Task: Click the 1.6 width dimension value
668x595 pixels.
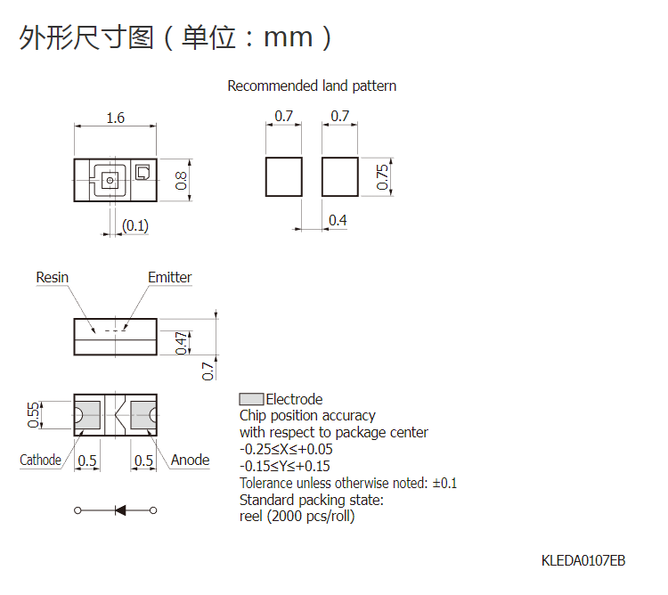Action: tap(115, 118)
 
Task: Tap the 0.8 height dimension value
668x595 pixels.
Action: tap(181, 180)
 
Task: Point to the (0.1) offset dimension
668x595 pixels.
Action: tap(135, 225)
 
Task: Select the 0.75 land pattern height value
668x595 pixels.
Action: tap(382, 176)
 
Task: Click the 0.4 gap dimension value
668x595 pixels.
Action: tap(338, 220)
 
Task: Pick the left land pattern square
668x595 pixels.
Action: tap(284, 176)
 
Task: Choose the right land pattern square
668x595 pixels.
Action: tap(340, 176)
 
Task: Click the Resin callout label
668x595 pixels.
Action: tap(52, 277)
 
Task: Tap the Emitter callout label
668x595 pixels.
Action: tap(169, 277)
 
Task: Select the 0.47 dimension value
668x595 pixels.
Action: tap(182, 343)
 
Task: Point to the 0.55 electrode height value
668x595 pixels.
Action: tap(33, 415)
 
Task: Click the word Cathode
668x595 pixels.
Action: tap(40, 460)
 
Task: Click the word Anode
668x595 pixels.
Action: tap(190, 460)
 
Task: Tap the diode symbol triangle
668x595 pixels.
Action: tap(120, 510)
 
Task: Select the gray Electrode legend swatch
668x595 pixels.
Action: tap(251, 399)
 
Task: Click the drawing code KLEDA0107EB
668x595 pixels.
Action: tap(583, 560)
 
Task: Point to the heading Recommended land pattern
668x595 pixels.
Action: tap(312, 86)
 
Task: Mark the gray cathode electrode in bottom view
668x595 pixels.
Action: tap(88, 415)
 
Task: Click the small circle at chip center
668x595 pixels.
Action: tap(110, 180)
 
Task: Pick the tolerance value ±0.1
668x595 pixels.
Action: tap(444, 484)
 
